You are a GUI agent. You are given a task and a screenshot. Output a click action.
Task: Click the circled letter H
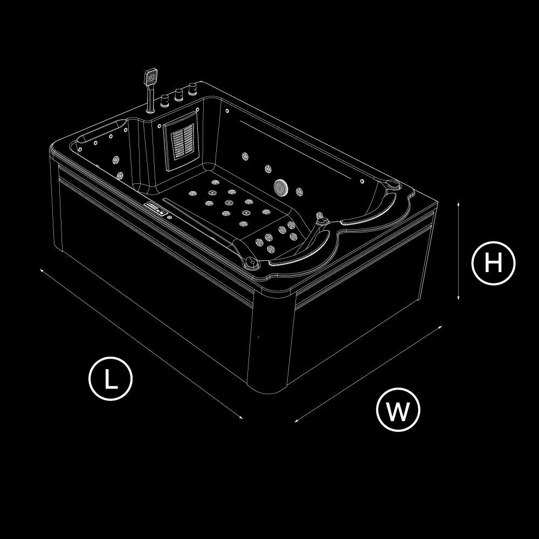[493, 263]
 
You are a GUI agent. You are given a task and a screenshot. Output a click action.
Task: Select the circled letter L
[110, 378]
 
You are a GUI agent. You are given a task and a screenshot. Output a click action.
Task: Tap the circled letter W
[398, 410]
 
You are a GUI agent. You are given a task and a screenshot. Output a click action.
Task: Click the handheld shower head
[151, 77]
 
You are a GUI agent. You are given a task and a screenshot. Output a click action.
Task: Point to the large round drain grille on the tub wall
[281, 187]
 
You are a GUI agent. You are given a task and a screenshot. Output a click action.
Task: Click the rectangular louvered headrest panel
[181, 140]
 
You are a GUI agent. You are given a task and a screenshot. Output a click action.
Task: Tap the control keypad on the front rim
[155, 208]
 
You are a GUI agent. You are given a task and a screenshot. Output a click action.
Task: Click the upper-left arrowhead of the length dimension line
[42, 270]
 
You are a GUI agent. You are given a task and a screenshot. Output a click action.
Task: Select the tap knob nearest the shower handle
[165, 101]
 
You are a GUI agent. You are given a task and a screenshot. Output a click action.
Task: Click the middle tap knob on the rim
[178, 94]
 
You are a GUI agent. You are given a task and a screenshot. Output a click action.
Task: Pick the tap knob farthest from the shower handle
[192, 89]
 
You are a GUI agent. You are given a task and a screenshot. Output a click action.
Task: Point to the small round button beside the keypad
[169, 217]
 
